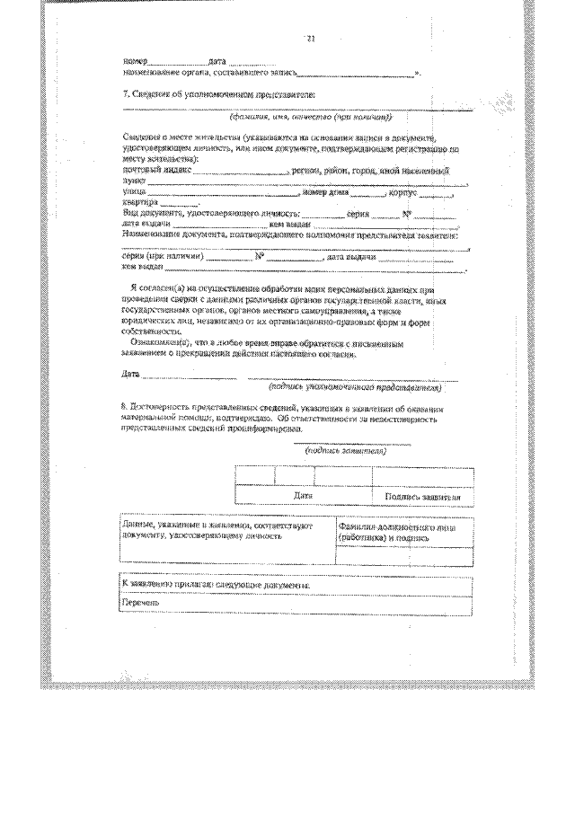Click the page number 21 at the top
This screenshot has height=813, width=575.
coord(311,40)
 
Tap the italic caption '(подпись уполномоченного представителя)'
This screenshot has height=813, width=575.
coord(356,388)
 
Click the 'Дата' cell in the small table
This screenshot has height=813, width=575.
coord(303,495)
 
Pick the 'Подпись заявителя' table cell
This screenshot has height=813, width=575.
coord(422,496)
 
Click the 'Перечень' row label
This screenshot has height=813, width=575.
coord(140,603)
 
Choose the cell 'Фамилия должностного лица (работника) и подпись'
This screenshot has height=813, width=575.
coord(402,534)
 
